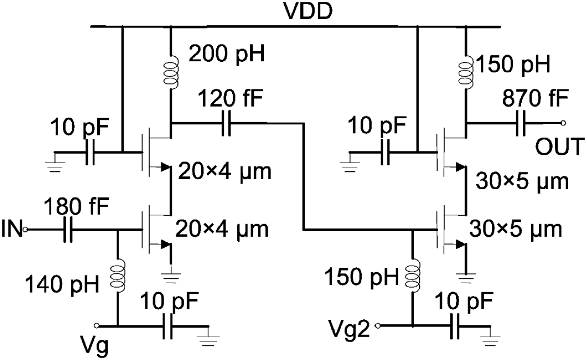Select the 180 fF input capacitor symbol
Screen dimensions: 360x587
click(x=67, y=230)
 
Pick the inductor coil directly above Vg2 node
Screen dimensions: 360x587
click(x=413, y=277)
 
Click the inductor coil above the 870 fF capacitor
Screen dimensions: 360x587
click(x=466, y=72)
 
